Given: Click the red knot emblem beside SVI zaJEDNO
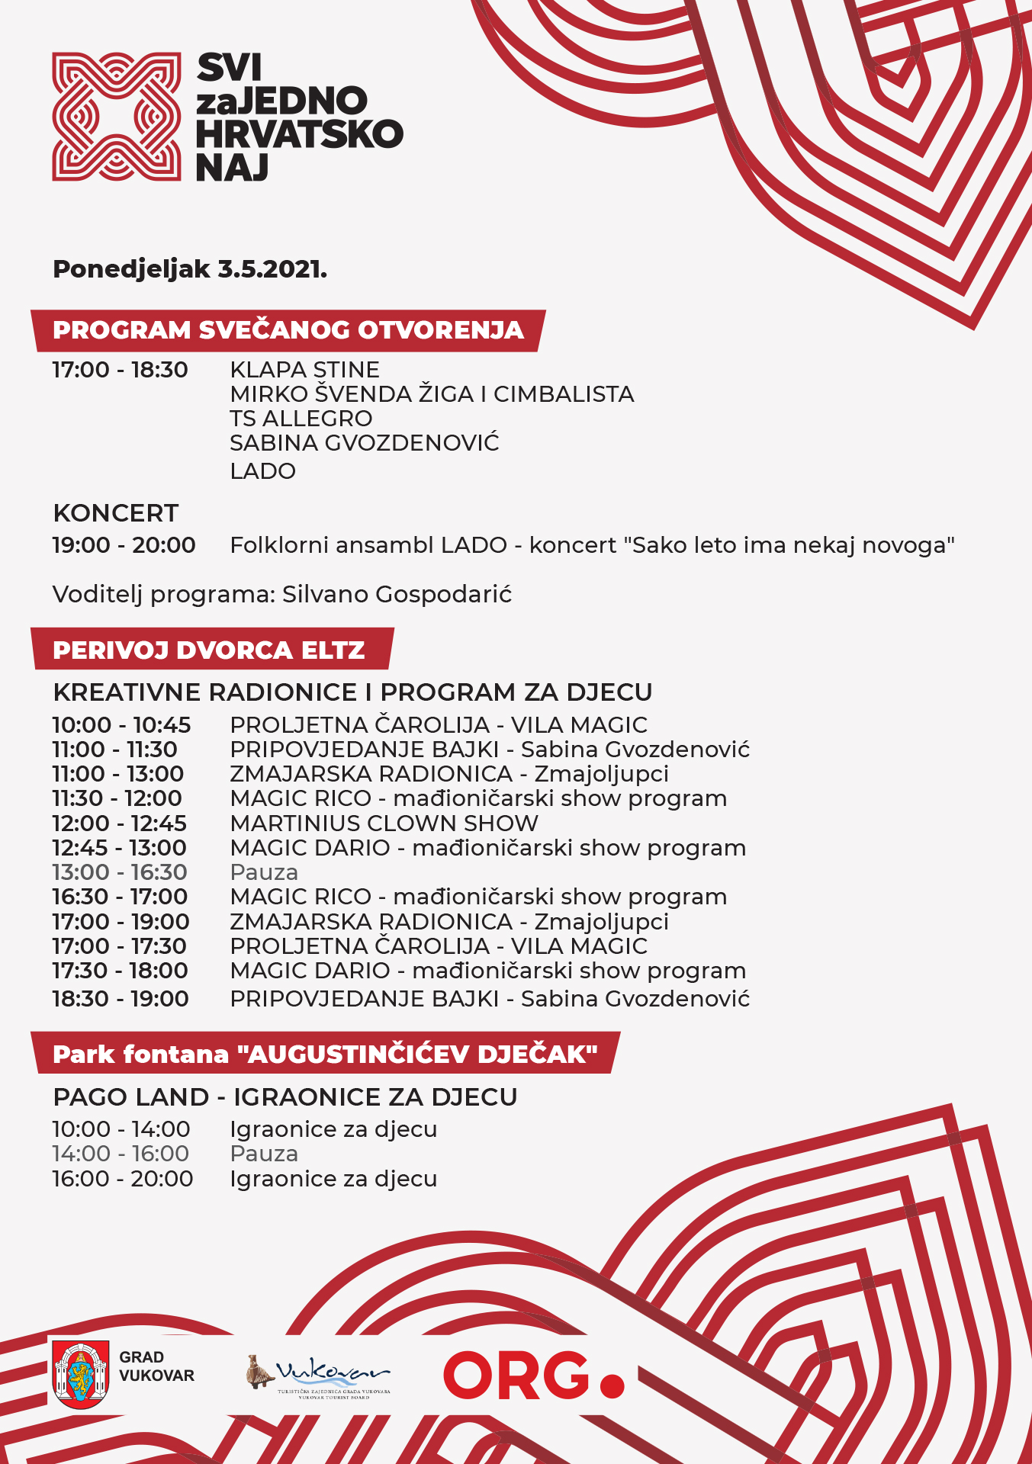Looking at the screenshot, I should [x=116, y=117].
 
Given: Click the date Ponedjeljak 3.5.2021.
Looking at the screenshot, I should [x=190, y=269].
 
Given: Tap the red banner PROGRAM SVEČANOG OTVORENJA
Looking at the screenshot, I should [x=288, y=330].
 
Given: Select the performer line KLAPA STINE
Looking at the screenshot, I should [x=304, y=370].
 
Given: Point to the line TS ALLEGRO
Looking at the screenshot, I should [x=301, y=419].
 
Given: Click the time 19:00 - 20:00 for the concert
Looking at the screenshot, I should [x=124, y=545].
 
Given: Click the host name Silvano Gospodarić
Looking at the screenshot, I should [x=397, y=594].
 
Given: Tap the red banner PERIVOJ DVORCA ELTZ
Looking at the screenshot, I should [x=209, y=650].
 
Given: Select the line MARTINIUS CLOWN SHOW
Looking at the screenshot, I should [x=384, y=823].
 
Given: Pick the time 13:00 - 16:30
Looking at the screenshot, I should [x=119, y=872].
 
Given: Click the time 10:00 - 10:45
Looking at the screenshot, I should [x=121, y=725].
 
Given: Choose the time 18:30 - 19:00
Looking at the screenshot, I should [x=121, y=999].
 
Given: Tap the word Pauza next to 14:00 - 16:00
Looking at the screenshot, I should [x=264, y=1154].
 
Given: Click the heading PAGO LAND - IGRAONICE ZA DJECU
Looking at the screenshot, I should [x=285, y=1097].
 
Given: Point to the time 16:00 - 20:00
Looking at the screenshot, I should [x=122, y=1179].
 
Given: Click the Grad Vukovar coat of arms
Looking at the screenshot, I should [x=79, y=1375].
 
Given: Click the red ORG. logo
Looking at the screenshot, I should [x=533, y=1376].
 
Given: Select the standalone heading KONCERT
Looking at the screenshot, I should [x=116, y=513].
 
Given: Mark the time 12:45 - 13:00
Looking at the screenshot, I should [x=119, y=848].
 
